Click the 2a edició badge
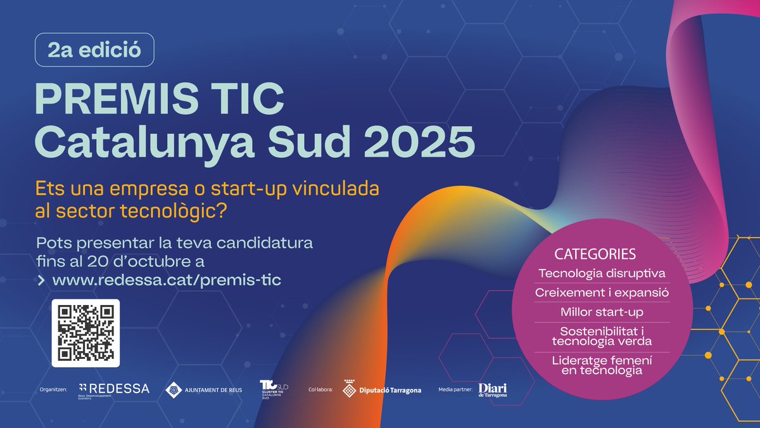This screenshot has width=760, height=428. (x=94, y=49)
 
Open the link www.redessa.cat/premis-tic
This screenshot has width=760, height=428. (x=167, y=280)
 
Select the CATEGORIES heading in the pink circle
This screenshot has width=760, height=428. (x=595, y=254)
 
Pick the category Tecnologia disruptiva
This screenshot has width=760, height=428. (x=601, y=274)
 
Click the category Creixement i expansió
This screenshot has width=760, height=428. (x=602, y=293)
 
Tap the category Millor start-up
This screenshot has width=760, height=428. (x=602, y=312)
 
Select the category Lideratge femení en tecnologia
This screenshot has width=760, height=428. (x=602, y=365)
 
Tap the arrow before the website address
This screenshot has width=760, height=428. (x=41, y=280)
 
